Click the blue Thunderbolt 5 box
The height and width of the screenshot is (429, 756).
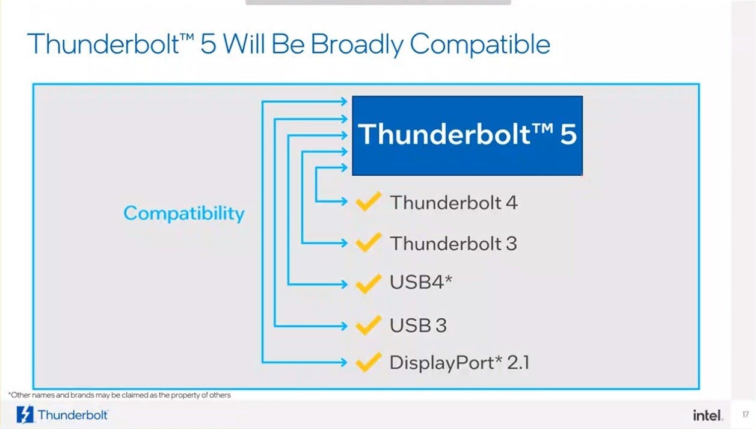pos(467,135)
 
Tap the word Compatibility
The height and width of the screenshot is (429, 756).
pos(184,214)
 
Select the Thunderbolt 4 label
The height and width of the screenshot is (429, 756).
pos(453,203)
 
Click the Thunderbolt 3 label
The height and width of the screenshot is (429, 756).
pos(453,243)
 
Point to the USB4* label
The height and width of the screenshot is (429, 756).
pos(421,282)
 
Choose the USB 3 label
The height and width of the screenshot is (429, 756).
pos(418,325)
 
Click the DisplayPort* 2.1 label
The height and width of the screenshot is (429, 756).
pos(459,362)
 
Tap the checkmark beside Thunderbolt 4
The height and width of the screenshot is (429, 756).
pos(369,201)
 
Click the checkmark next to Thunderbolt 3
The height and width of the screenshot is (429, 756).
pos(369,242)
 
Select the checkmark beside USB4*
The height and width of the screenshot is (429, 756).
pos(369,283)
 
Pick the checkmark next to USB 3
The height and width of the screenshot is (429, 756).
pos(369,325)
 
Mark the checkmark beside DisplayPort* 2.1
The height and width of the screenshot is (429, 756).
pos(369,362)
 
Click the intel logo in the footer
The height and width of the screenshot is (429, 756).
pos(708,415)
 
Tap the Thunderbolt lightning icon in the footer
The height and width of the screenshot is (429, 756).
pos(25,415)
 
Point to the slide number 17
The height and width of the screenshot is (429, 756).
pos(746,414)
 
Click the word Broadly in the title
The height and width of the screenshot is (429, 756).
pos(357,45)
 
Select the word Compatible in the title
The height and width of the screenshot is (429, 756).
pos(480,44)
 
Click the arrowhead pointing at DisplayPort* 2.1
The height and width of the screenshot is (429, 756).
pos(344,362)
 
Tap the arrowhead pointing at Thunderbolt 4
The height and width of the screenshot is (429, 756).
pos(344,202)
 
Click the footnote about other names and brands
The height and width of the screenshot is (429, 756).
pos(120,395)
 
